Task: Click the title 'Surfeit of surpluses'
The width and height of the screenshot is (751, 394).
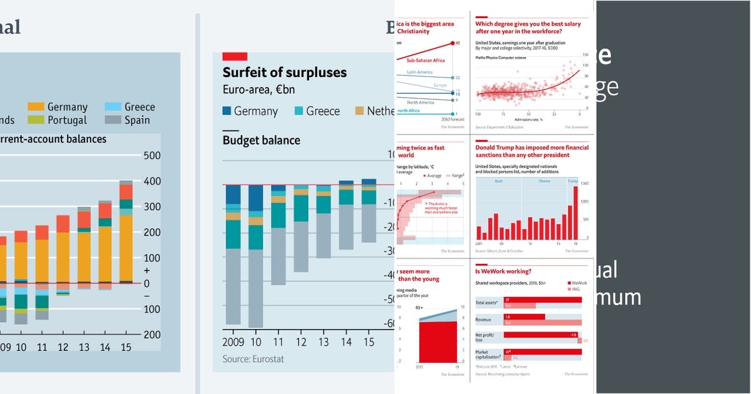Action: tap(284, 73)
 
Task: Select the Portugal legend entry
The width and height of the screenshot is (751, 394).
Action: tap(67, 120)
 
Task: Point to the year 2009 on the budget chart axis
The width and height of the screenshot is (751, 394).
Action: tap(233, 342)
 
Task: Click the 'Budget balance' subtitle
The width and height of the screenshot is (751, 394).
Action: tap(261, 140)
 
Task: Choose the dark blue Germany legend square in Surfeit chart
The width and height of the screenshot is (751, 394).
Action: tap(227, 111)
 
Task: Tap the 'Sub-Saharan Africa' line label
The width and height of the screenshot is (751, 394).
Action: tap(426, 61)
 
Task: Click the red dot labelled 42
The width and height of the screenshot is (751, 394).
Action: tap(452, 43)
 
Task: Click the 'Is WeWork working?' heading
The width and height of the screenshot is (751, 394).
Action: tap(503, 271)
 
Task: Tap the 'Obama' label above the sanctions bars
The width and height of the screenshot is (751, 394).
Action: tap(544, 181)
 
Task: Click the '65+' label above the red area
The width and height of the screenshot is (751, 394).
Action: tap(419, 308)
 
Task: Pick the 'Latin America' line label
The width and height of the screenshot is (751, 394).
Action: tap(420, 72)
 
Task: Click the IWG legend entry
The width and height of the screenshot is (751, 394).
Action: tap(575, 290)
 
